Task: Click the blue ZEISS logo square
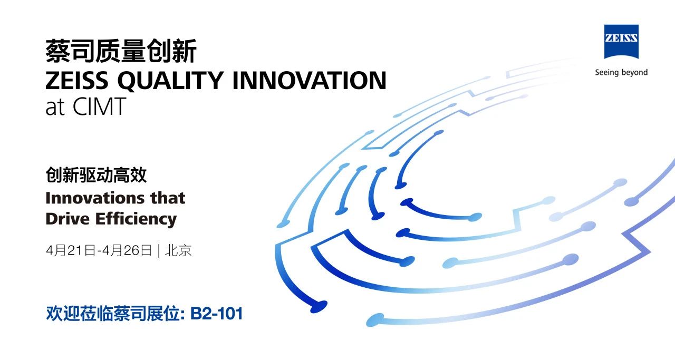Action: (621, 42)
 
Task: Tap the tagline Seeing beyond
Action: (621, 73)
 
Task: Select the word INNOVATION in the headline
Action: (310, 81)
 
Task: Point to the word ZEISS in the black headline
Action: (77, 81)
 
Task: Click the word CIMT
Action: (99, 106)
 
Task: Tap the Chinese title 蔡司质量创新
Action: (121, 51)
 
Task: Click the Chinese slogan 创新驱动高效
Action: (96, 175)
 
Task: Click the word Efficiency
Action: (136, 220)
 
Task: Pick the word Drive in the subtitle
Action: (67, 219)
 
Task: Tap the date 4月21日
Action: (71, 250)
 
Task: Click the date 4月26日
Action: (127, 250)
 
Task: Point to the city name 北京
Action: (178, 250)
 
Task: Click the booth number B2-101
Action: (217, 314)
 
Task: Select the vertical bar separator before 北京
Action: (159, 251)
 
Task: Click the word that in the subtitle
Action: (168, 198)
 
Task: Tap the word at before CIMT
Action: (55, 108)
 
